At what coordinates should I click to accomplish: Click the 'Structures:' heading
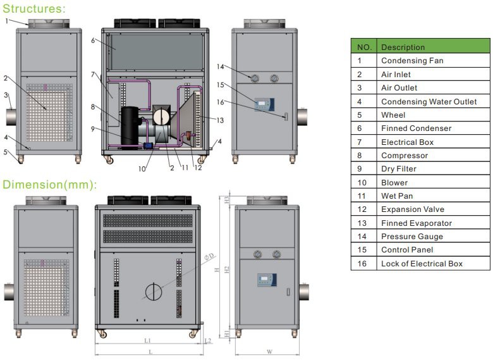(x=33, y=8)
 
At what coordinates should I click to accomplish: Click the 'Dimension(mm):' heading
(x=50, y=185)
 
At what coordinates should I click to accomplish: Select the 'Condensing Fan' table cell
(x=412, y=61)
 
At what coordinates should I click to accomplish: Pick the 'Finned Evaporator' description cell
(x=416, y=223)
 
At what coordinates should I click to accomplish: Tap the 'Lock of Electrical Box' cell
(x=422, y=264)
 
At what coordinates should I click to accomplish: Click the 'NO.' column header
(x=364, y=47)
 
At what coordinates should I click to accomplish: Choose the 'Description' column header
(x=403, y=47)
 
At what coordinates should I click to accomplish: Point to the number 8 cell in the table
(x=364, y=156)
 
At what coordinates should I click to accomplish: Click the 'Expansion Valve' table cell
(x=412, y=209)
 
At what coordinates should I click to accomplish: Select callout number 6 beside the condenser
(x=92, y=40)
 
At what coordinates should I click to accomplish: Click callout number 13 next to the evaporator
(x=221, y=120)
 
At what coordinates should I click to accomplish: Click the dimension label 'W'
(x=269, y=352)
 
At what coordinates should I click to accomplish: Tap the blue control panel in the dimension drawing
(x=267, y=280)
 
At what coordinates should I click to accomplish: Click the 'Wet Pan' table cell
(x=396, y=196)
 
